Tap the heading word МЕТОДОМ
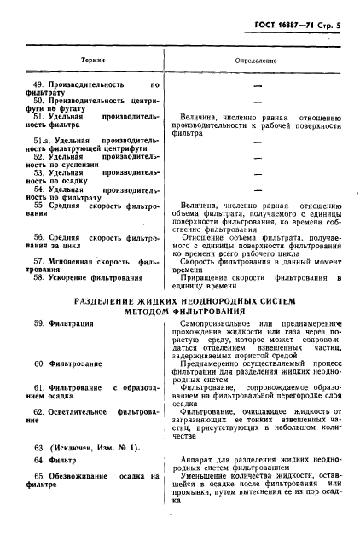pyautogui.click(x=128, y=311)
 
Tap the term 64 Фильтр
pyautogui.click(x=61, y=461)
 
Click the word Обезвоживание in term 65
pyautogui.click(x=91, y=475)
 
